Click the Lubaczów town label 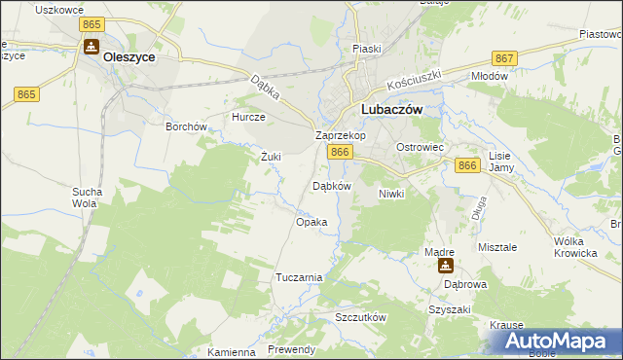(x=391, y=111)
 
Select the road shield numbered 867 (x=504, y=58)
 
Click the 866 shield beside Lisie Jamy (x=467, y=166)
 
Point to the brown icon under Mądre (x=446, y=266)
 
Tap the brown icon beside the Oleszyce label (x=91, y=48)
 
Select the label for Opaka (x=311, y=222)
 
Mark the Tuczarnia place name (x=299, y=277)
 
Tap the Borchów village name (x=187, y=126)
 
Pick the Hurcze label (x=247, y=116)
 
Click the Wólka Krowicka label (x=574, y=247)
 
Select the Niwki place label (x=390, y=194)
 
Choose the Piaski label (x=367, y=49)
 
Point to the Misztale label (x=497, y=247)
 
